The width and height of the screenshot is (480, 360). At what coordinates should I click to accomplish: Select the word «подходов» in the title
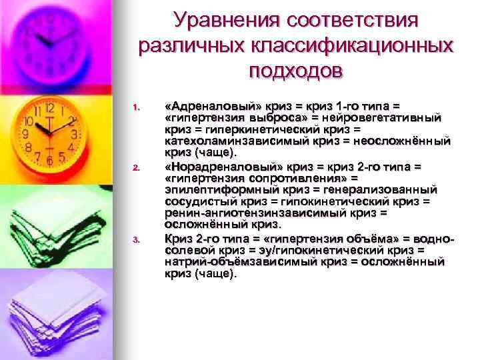tap(295, 71)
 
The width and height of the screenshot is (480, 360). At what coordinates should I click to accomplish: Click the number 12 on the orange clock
tap(49, 109)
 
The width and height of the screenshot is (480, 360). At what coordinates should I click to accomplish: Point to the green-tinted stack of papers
tap(53, 227)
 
